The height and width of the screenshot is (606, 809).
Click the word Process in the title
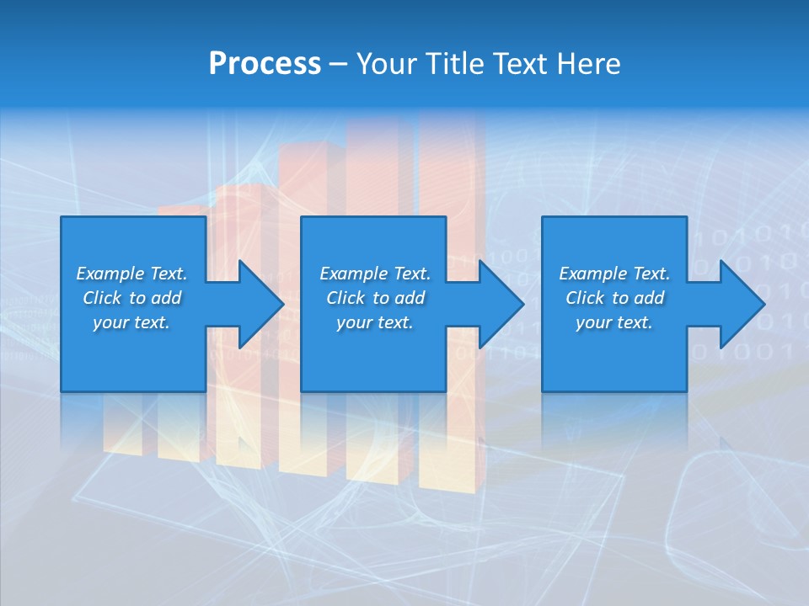click(265, 64)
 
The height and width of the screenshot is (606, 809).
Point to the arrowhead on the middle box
click(500, 304)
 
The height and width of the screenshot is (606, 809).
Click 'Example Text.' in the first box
click(131, 274)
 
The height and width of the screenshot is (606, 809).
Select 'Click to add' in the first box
click(131, 298)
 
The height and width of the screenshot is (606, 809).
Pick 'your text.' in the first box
click(131, 322)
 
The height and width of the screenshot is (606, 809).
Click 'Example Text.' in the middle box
click(375, 274)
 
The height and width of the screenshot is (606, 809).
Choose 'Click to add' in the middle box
click(375, 298)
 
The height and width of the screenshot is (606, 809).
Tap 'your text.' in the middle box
click(375, 322)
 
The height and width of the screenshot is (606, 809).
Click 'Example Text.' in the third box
click(614, 274)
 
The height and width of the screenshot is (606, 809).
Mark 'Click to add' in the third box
click(614, 298)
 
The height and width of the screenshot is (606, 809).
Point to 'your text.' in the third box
click(614, 322)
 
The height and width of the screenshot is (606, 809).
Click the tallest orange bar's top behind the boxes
click(452, 118)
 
